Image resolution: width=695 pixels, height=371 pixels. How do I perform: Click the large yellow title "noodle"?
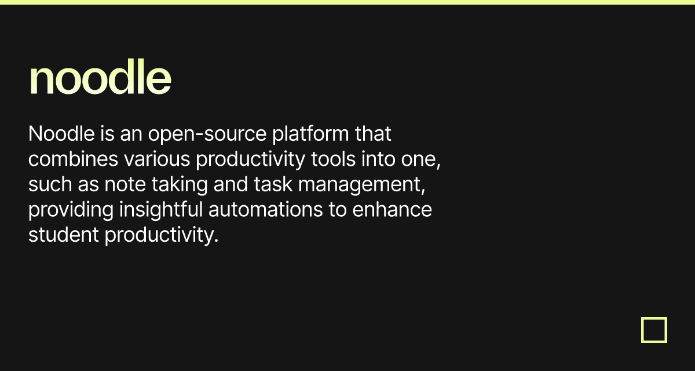click(x=100, y=76)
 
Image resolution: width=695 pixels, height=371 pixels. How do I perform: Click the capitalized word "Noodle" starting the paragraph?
click(x=61, y=134)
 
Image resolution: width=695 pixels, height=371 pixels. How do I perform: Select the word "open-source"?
click(x=207, y=134)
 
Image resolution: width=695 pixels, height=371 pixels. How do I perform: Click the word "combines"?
click(x=73, y=159)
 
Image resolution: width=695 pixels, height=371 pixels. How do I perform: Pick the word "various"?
click(x=157, y=159)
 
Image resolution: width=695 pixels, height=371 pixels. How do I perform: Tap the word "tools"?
click(x=333, y=159)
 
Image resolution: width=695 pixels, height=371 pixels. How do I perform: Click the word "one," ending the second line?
click(x=420, y=161)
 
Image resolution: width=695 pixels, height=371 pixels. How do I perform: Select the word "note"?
click(x=125, y=185)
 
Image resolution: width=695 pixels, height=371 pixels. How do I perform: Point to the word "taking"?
click(x=180, y=185)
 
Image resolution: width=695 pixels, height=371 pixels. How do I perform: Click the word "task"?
click(x=273, y=184)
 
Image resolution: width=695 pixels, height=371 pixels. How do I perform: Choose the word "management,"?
click(x=362, y=185)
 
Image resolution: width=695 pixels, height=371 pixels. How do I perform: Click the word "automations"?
click(x=266, y=210)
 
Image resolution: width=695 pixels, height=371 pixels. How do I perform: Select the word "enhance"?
click(x=392, y=210)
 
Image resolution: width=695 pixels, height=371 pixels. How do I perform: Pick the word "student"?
click(x=64, y=235)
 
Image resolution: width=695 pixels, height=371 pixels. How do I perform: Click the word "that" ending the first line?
click(x=373, y=134)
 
